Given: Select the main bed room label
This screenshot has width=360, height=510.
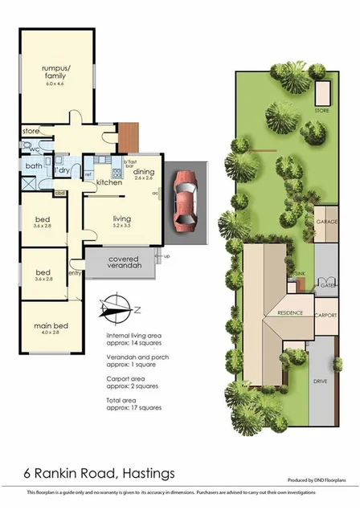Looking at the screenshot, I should (x=51, y=324).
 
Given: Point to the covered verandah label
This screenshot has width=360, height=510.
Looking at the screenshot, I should (x=126, y=262).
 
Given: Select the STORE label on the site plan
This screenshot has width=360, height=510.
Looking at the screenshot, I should (x=321, y=109).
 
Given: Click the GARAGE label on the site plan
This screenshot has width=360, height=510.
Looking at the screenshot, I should (x=325, y=221).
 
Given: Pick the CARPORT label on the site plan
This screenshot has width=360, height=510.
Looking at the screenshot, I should (x=325, y=316).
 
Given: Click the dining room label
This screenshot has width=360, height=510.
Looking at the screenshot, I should (x=144, y=172).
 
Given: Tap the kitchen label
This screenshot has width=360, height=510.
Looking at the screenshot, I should (x=109, y=183).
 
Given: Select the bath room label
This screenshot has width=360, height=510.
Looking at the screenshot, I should (x=33, y=166).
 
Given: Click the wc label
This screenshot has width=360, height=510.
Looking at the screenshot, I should (x=35, y=149).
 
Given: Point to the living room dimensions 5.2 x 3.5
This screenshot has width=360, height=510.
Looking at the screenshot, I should (x=121, y=226).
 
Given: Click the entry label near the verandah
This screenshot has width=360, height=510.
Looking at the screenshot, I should (x=74, y=273).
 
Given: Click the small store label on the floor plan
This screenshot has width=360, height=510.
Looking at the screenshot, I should (x=31, y=130).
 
